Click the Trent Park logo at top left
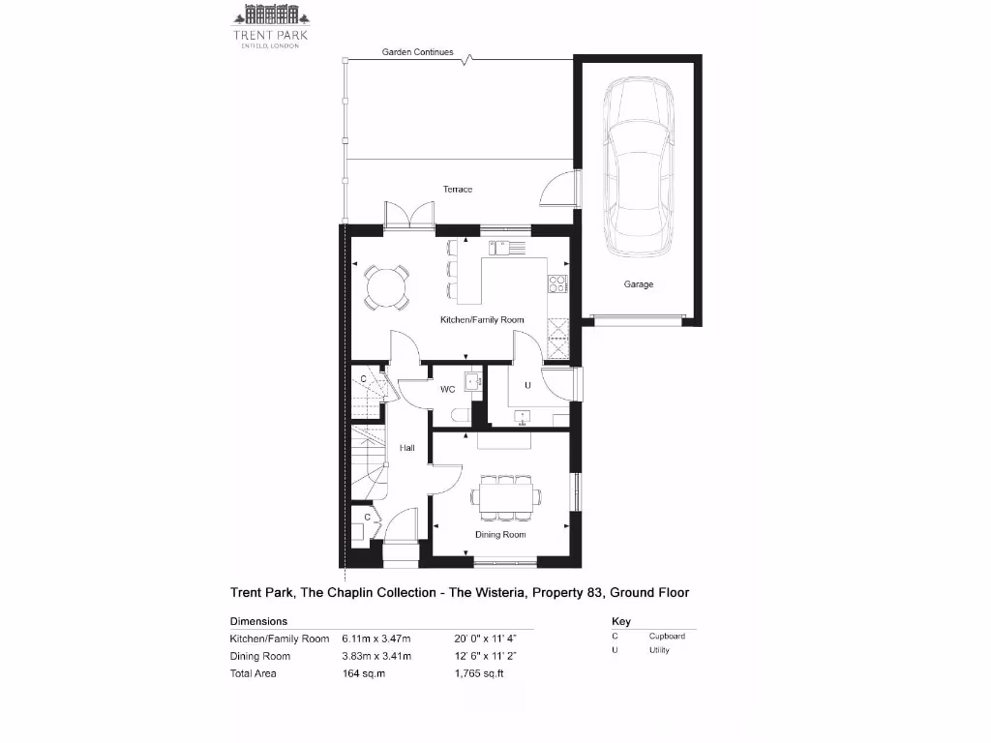coord(270,26)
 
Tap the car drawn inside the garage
coord(637,167)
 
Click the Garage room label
coord(638,284)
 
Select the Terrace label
coord(458,190)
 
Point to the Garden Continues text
coord(417,52)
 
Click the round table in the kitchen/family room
coord(386,287)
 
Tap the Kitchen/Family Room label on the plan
coord(481,319)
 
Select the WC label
coord(448,390)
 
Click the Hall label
coord(407,448)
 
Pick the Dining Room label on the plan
coord(499,534)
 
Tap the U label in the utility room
coord(527,385)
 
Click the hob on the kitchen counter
coord(557,283)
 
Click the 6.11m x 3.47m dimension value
coord(376,639)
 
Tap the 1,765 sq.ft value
coord(479,673)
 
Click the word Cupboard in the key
coord(667,636)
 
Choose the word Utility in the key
coord(659,650)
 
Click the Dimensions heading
coord(258,621)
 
